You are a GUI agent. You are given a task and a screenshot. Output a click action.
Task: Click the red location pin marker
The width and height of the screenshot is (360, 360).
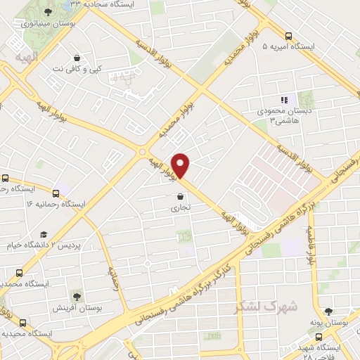[181, 165]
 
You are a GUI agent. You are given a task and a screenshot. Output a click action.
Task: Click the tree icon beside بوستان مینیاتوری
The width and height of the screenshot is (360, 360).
[47, 12]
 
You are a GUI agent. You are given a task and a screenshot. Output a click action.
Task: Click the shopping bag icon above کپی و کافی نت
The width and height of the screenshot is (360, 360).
[77, 57]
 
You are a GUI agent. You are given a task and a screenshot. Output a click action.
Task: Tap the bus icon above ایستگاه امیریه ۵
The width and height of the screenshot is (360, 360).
[288, 36]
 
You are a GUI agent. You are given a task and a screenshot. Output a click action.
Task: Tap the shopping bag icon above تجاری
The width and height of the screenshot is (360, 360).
[181, 196]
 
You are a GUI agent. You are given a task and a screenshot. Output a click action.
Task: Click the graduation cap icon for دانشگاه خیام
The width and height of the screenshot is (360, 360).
[44, 234]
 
